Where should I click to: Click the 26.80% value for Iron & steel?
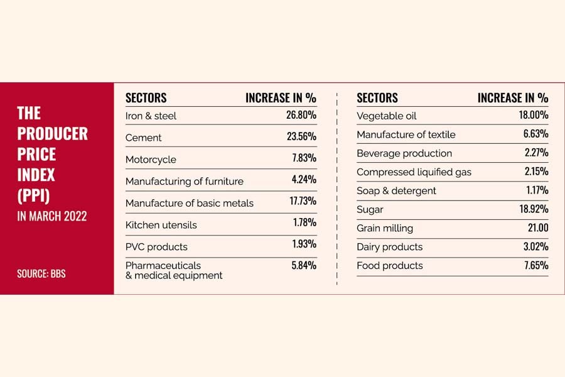tap(297, 116)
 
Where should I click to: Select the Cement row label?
tap(143, 138)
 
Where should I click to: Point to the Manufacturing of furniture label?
tap(184, 182)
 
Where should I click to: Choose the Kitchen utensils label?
tap(161, 225)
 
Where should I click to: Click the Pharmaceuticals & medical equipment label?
tap(174, 270)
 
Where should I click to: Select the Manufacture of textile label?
tap(406, 134)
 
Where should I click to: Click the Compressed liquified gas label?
tap(414, 172)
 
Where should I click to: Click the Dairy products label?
tap(389, 247)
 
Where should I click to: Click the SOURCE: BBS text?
tap(41, 273)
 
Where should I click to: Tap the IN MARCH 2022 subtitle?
tap(51, 216)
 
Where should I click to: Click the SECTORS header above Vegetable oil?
tap(377, 98)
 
